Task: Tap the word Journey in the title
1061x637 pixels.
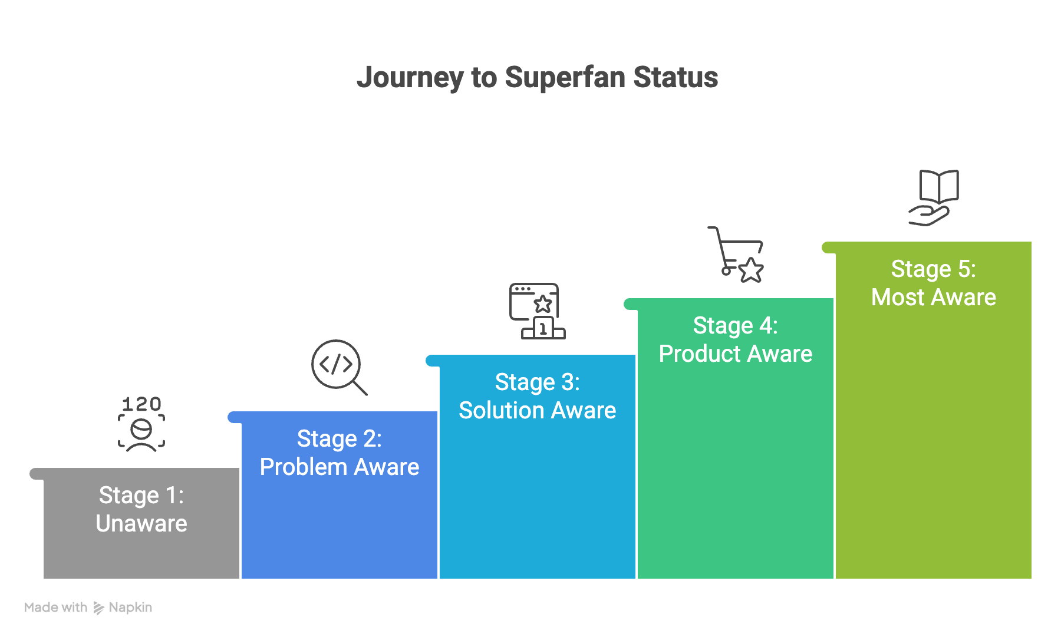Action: click(410, 78)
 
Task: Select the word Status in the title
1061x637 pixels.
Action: click(676, 78)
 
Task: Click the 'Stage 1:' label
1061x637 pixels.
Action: click(141, 496)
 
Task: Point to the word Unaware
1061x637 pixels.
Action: click(141, 524)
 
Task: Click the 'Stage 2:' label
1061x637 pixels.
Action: click(340, 439)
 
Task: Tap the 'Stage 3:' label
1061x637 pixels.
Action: click(538, 382)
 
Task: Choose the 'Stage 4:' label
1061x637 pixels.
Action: click(736, 326)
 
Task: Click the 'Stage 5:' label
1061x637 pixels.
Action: click(934, 269)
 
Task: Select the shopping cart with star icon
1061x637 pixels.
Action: click(737, 255)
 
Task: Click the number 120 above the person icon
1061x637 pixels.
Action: click(141, 404)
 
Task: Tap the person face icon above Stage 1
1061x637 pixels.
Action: click(141, 434)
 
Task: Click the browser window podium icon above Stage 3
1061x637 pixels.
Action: click(536, 311)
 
